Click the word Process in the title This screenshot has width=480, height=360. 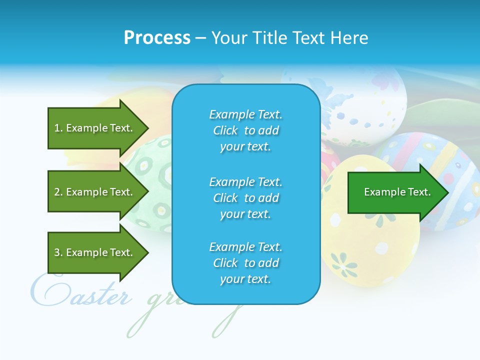click(x=157, y=38)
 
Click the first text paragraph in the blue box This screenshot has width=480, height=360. click(x=245, y=130)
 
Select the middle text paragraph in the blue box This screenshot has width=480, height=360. click(x=245, y=198)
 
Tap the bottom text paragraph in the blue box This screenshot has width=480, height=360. click(x=245, y=263)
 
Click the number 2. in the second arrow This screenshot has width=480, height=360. click(x=58, y=192)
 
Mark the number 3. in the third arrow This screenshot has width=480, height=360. click(x=58, y=252)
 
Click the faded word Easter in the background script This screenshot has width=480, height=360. click(x=80, y=295)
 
